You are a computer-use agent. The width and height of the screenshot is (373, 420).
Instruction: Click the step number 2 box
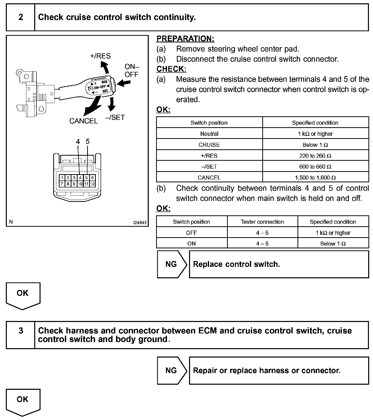(x=21, y=17)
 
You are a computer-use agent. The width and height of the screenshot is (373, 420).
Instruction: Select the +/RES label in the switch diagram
(x=100, y=56)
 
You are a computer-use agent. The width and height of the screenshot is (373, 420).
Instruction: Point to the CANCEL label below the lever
(x=84, y=121)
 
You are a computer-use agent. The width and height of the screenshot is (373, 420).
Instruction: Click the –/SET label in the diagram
(x=115, y=117)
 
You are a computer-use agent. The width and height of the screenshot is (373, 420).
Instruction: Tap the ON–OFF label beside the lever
(x=132, y=71)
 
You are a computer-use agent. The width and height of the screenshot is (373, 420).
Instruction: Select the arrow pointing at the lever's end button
(x=124, y=83)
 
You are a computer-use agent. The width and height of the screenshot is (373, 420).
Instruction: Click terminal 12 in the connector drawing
(x=92, y=184)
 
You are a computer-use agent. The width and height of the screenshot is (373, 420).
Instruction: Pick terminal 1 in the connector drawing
(x=62, y=178)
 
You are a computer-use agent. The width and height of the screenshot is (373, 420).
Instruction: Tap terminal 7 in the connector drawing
(x=62, y=184)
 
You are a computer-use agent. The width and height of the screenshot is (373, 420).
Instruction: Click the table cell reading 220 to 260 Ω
(x=315, y=156)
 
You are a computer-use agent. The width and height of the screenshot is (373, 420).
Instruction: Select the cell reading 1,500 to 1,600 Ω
(x=315, y=177)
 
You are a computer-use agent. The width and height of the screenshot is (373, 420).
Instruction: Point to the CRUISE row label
(x=209, y=145)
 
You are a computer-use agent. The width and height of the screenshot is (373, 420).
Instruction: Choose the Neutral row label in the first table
(x=209, y=134)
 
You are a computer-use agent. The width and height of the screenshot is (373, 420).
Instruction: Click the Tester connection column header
(x=262, y=222)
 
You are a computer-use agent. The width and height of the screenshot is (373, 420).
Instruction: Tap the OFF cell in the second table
(x=191, y=233)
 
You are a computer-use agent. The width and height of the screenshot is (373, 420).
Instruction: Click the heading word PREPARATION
(x=185, y=39)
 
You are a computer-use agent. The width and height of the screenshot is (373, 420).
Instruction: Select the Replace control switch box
(x=279, y=264)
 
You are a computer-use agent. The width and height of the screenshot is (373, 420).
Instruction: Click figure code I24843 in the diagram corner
(x=140, y=223)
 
